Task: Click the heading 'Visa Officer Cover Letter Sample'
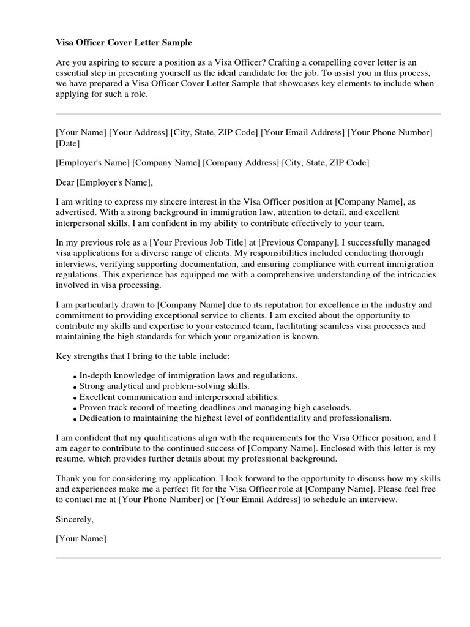tap(124, 43)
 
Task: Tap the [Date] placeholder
tap(67, 144)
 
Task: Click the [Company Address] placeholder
tap(241, 163)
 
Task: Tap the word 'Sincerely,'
tap(75, 519)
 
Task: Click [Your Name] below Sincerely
tap(81, 539)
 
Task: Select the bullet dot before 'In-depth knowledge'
tap(75, 377)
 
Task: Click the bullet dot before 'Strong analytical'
tap(75, 388)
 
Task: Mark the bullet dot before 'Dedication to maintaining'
tap(75, 419)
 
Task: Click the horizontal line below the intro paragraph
tap(248, 114)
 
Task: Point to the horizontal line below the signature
tap(248, 558)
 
